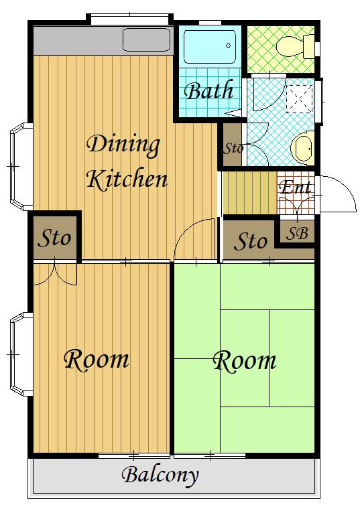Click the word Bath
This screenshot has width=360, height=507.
coord(209,90)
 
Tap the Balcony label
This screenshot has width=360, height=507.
coord(160,476)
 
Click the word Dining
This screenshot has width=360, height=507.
coord(123,145)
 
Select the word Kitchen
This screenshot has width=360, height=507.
coord(127,179)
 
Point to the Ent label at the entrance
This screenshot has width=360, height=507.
coord(295,187)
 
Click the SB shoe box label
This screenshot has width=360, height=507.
coord(297,233)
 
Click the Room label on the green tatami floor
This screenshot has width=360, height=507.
coord(245,361)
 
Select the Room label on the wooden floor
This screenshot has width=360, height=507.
coord(97,359)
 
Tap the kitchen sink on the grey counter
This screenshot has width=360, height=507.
coord(147,40)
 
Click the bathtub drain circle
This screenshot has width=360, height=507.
coord(228,46)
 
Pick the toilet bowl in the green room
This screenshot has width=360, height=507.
coord(295,46)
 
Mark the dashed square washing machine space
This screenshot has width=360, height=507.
coord(300,98)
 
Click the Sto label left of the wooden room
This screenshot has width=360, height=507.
coord(54,238)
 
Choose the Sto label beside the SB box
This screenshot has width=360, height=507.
coord(251,241)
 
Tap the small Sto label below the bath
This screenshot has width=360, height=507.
coord(233,149)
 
